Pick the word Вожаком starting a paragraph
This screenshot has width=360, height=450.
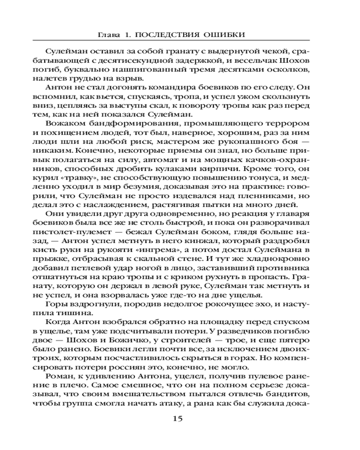tap(63, 123)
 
